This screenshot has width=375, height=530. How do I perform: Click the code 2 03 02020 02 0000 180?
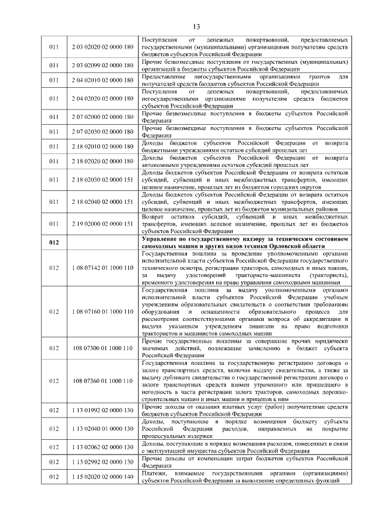(102, 46)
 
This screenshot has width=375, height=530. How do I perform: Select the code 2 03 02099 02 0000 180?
(102, 64)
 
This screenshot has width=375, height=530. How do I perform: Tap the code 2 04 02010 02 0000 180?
(102, 80)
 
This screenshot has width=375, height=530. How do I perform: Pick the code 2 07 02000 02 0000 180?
(102, 114)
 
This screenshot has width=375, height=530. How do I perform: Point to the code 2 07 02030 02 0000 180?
(102, 130)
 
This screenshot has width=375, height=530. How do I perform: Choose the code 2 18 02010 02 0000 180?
(102, 146)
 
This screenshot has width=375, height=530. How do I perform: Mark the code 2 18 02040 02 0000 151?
(102, 202)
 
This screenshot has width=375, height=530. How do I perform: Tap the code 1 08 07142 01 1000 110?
(102, 268)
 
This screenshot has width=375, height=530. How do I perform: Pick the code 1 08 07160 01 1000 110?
(102, 311)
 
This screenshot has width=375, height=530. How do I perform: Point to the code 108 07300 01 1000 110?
(102, 348)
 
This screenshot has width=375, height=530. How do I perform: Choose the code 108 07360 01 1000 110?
(102, 381)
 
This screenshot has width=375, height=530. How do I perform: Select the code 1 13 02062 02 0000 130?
(102, 447)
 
